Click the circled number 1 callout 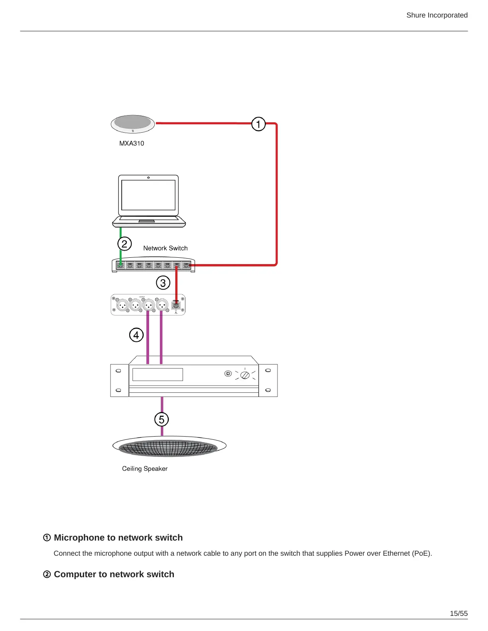tap(258, 124)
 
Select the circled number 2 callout tap(124, 243)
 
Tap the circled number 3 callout tap(163, 283)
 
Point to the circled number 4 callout tap(136, 335)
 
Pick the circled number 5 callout tap(161, 419)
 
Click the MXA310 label tap(132, 143)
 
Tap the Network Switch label tap(165, 248)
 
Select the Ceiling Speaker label tap(145, 469)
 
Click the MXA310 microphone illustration tap(133, 124)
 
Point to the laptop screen tap(148, 195)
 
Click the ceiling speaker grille tap(169, 447)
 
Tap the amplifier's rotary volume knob tap(245, 375)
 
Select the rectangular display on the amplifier tap(157, 374)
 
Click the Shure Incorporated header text tap(437, 15)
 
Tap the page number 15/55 tap(458, 613)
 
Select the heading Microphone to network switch tap(118, 538)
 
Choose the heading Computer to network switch tap(114, 574)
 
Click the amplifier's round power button tap(228, 374)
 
